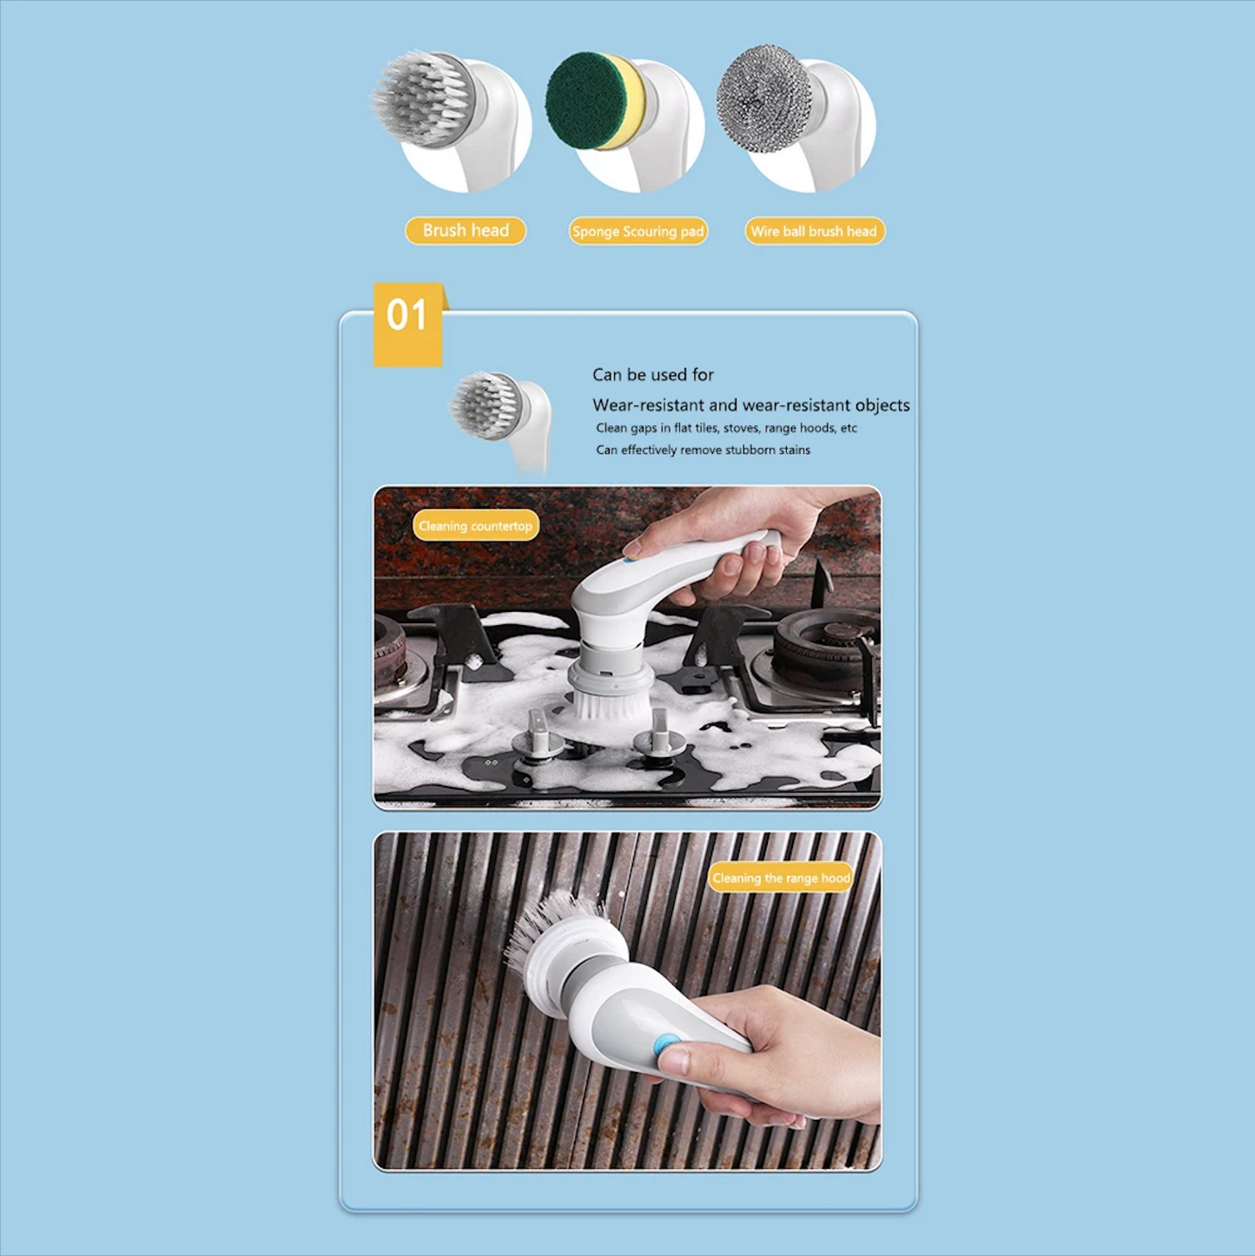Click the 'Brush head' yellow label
tap(465, 231)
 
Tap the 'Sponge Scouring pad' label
tap(638, 232)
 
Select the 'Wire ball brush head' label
tap(814, 232)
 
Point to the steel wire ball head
tap(763, 99)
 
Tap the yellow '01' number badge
tap(408, 325)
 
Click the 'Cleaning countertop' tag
tap(476, 526)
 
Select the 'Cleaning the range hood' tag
tap(781, 878)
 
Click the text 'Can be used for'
tap(653, 375)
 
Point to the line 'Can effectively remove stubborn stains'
tap(703, 450)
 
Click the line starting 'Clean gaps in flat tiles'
tap(726, 428)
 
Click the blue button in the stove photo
tap(630, 558)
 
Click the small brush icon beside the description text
tap(499, 420)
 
